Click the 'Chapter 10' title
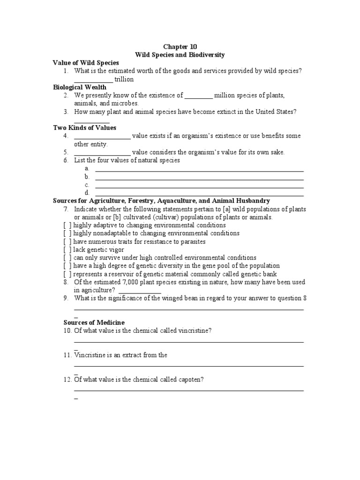[180, 46]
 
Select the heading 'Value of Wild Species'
[86, 63]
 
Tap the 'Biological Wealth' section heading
[79, 87]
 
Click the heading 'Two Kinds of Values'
[84, 127]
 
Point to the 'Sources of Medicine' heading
[94, 322]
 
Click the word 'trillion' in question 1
[124, 79]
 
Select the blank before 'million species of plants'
[198, 96]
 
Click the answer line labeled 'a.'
[199, 169]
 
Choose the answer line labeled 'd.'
[199, 193]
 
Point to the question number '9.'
[67, 299]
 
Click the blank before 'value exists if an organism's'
[102, 136]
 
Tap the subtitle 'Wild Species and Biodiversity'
[180, 55]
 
